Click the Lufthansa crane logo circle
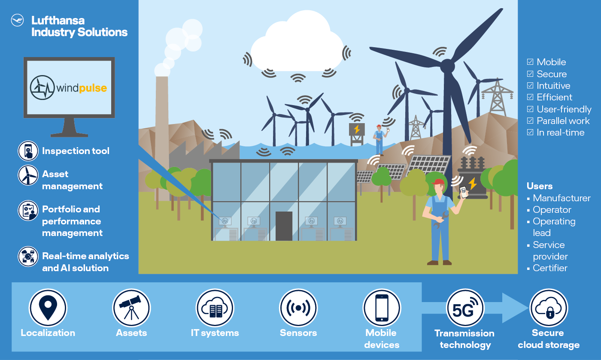tap(18, 21)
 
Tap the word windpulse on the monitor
tap(82, 88)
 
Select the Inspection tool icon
tap(28, 151)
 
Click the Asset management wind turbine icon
tap(28, 175)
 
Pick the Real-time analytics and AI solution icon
tap(28, 257)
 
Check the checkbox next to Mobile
tap(530, 62)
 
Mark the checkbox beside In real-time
tap(530, 132)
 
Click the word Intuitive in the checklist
tap(553, 85)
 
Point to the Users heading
tap(539, 186)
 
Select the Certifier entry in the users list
tap(550, 268)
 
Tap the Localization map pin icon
tap(48, 308)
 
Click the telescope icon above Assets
tap(131, 308)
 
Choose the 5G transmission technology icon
tap(465, 308)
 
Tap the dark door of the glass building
tap(284, 226)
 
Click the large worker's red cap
tap(438, 182)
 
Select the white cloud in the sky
tap(297, 43)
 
